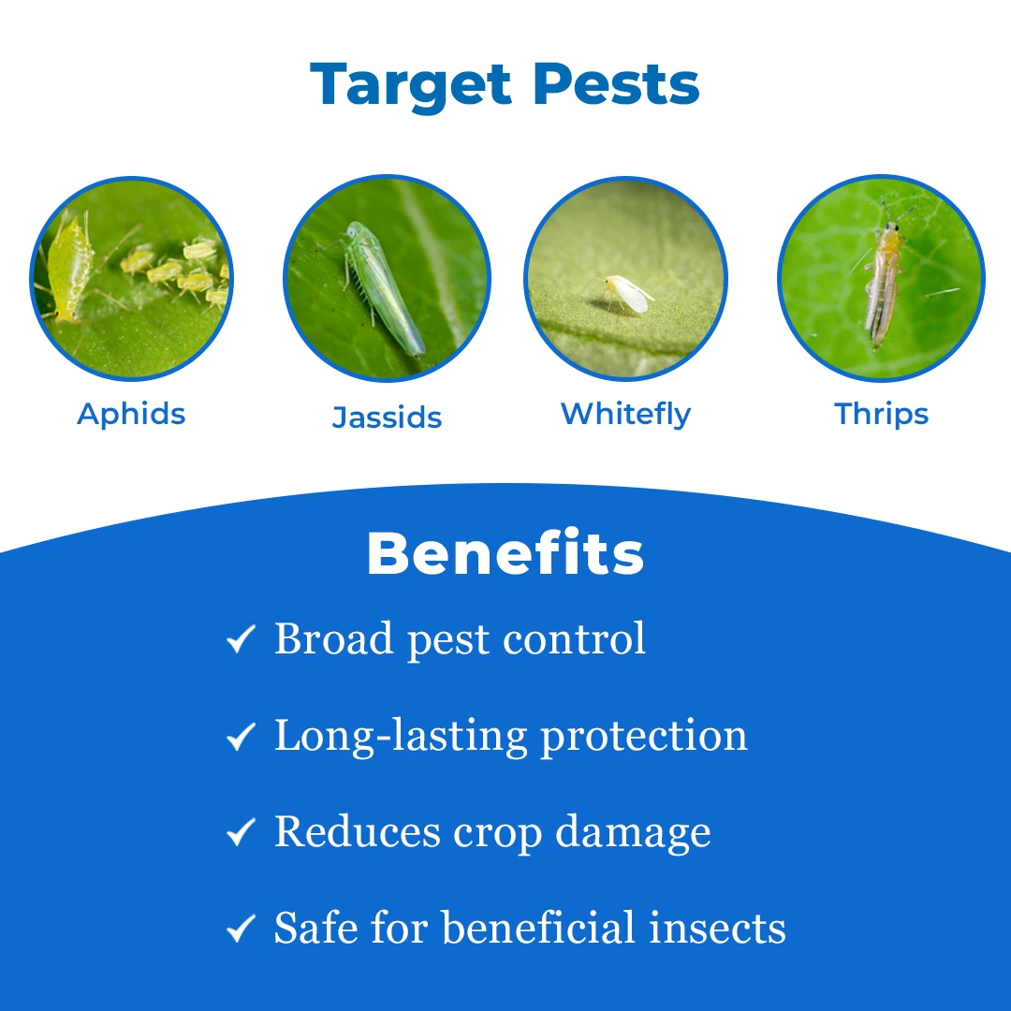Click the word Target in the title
tap(411, 85)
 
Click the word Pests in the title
tap(616, 84)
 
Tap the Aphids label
tap(131, 414)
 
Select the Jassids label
tap(387, 418)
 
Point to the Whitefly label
tap(625, 414)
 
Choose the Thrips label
tap(881, 414)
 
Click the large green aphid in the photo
tap(68, 268)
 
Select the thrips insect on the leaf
tap(884, 277)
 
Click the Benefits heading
tap(505, 553)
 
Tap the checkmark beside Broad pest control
tap(242, 639)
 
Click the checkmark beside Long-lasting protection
tap(242, 736)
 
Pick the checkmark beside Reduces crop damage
tap(242, 832)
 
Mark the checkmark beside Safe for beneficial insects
tap(242, 929)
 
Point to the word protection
tap(643, 737)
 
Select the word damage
tap(633, 833)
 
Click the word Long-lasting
tap(401, 737)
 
